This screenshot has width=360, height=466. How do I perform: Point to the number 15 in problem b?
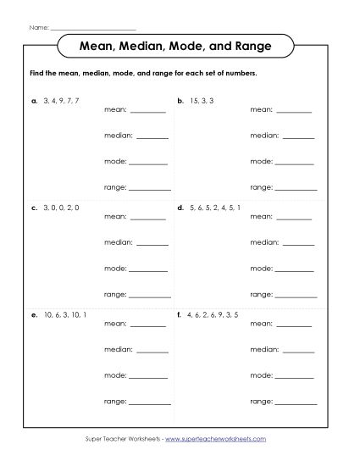click(194, 100)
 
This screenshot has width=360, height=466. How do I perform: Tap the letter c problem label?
click(33, 207)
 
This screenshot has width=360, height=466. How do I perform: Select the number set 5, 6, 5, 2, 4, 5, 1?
click(215, 207)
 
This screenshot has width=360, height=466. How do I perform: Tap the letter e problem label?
click(33, 313)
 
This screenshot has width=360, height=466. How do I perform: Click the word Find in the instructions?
click(35, 74)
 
